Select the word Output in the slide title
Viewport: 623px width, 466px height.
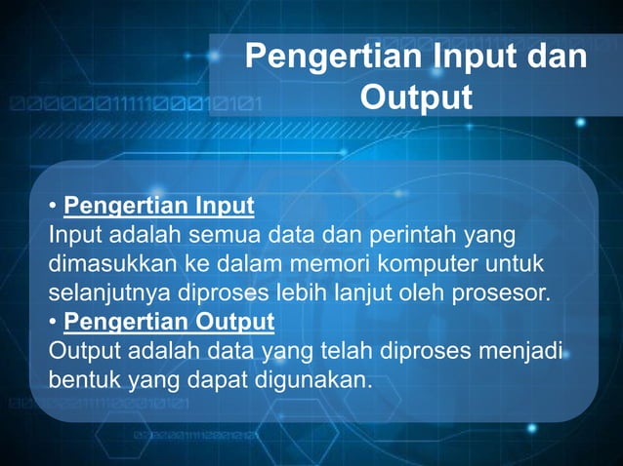point(416,97)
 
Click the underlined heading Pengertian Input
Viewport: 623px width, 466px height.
point(158,207)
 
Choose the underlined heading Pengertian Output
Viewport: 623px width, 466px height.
point(169,321)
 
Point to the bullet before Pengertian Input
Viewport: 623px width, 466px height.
point(53,208)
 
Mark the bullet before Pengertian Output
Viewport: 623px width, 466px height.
point(53,322)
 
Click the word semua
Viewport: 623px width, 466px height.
point(224,235)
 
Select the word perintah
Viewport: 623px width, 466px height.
point(403,235)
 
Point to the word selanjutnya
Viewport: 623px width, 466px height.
point(104,292)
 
